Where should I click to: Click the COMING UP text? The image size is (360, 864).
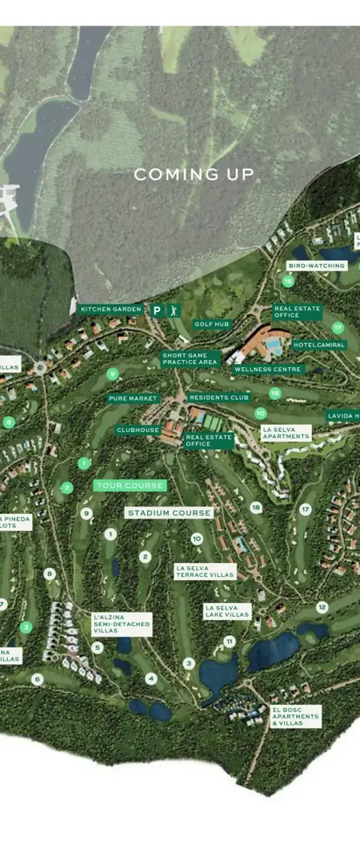[194, 174]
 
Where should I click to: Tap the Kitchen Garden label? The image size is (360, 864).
[111, 309]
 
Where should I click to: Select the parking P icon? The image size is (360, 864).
[157, 310]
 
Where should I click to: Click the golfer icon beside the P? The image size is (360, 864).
[174, 310]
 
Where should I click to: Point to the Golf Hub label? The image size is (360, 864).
[211, 324]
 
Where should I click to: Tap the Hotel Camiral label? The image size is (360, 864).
[319, 345]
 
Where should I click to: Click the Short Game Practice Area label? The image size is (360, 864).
[190, 359]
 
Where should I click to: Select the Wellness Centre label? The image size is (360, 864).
[268, 370]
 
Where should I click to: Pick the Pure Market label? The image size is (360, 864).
[133, 398]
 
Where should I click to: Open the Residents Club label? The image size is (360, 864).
[220, 397]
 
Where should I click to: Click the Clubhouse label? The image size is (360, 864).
[138, 430]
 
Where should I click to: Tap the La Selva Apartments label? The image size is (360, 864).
[286, 433]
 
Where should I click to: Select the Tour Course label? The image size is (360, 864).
[130, 486]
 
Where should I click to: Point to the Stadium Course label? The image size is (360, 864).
[169, 513]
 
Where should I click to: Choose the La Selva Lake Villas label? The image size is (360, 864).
[227, 611]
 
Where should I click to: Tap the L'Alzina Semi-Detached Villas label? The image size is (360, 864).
[121, 624]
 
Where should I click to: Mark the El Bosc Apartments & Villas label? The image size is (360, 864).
[295, 716]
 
